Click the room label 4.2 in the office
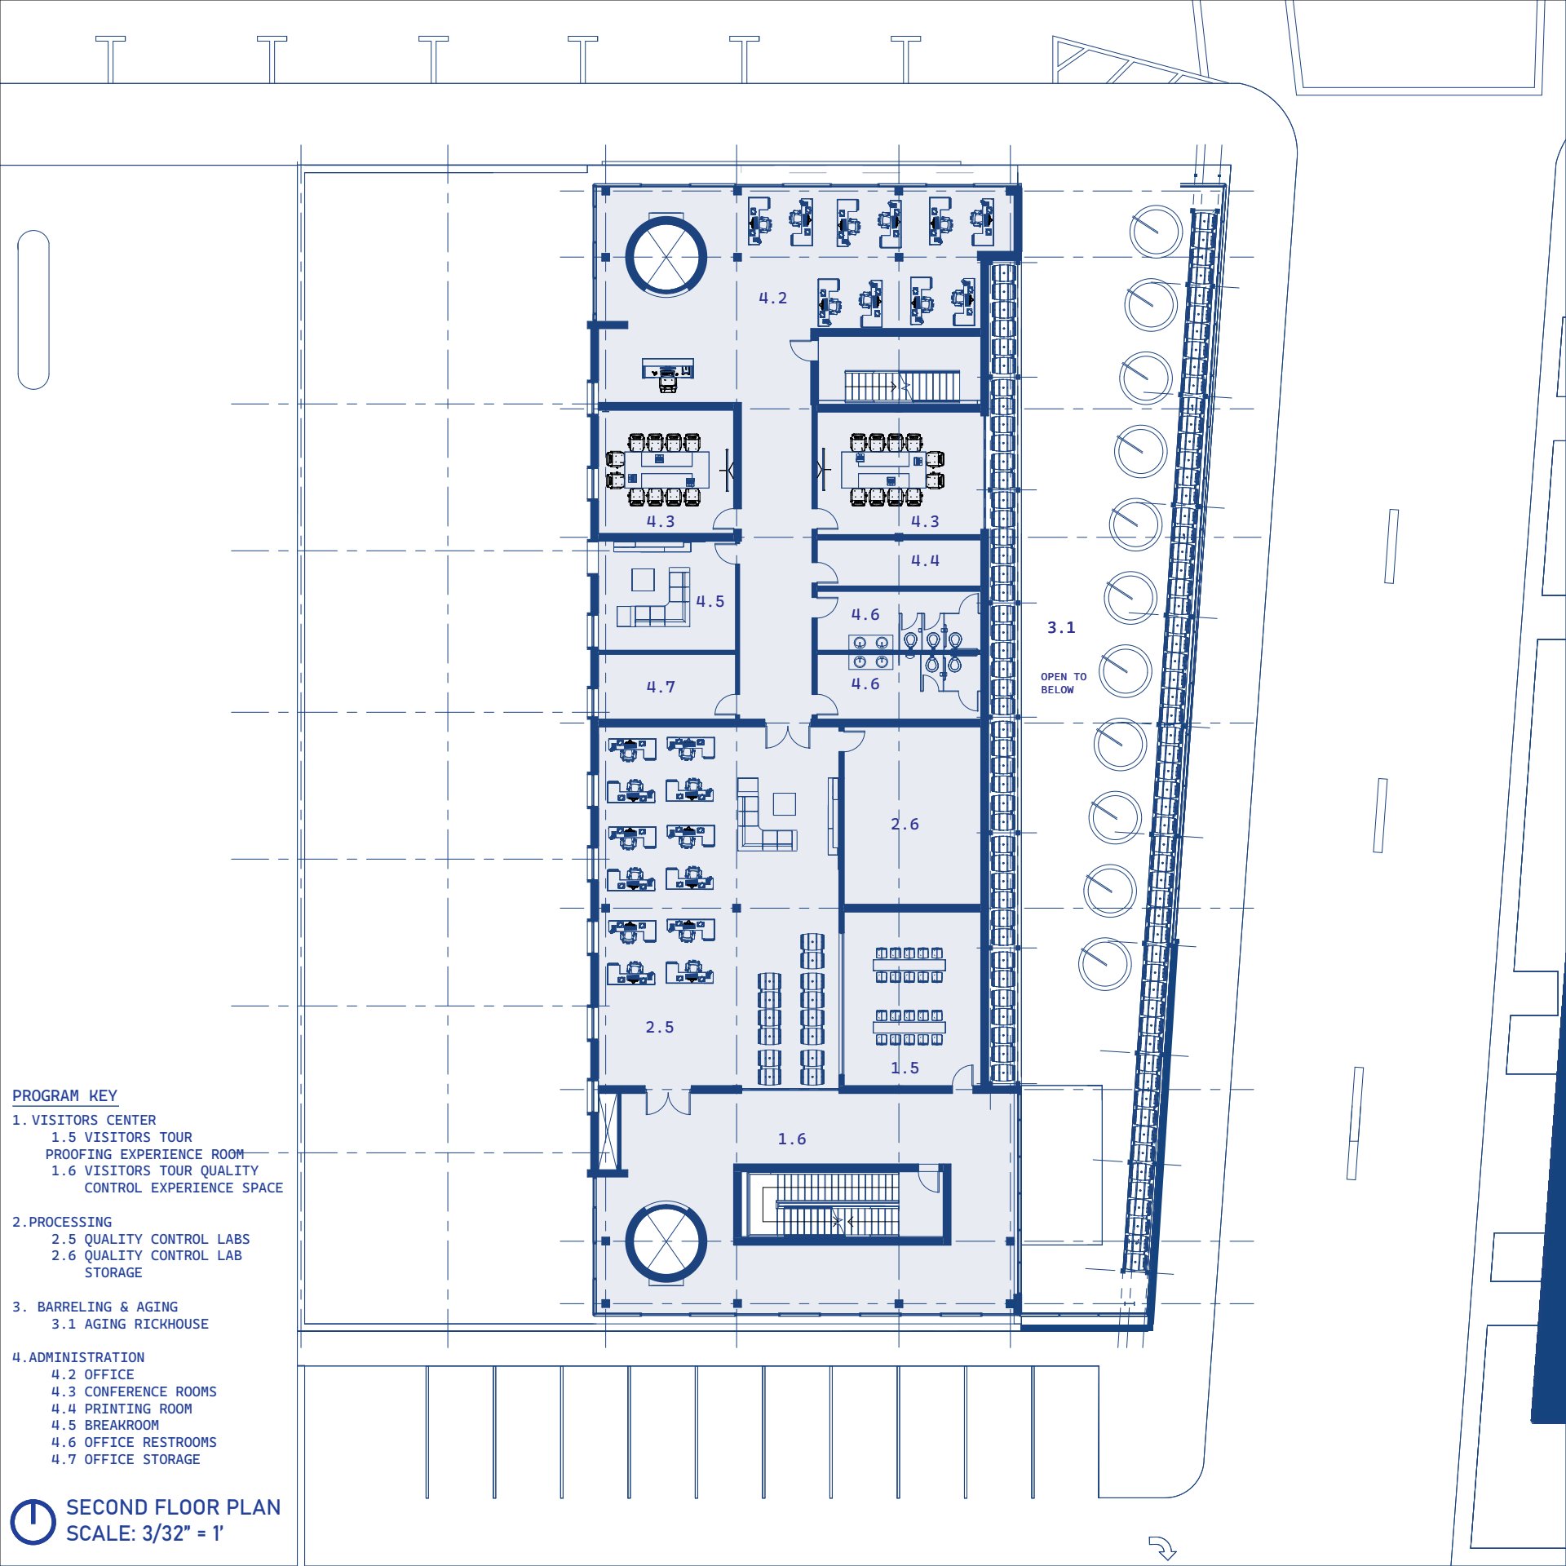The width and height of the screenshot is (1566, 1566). tap(772, 299)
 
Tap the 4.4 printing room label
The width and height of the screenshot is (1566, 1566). tap(925, 561)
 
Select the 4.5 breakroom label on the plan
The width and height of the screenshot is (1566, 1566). tap(710, 602)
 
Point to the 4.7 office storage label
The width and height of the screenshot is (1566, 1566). tap(661, 688)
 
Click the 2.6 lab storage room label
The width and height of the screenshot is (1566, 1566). tap(905, 825)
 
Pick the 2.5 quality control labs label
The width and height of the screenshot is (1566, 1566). tap(660, 1028)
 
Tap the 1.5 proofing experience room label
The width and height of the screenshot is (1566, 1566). tap(905, 1068)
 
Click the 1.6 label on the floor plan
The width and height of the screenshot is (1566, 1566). tap(791, 1139)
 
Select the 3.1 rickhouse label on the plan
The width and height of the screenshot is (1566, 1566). tap(1061, 628)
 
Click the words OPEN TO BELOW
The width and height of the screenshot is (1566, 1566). tap(1064, 683)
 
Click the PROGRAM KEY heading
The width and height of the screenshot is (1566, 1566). tap(64, 1096)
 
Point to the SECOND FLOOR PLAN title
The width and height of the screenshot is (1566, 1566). tap(173, 1507)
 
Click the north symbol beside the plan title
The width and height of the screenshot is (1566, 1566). tap(33, 1522)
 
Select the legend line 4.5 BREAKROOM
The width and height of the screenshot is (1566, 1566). tap(105, 1426)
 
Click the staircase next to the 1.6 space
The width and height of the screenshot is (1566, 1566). tap(842, 1205)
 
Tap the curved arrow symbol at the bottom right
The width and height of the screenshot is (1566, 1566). tap(1162, 1547)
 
